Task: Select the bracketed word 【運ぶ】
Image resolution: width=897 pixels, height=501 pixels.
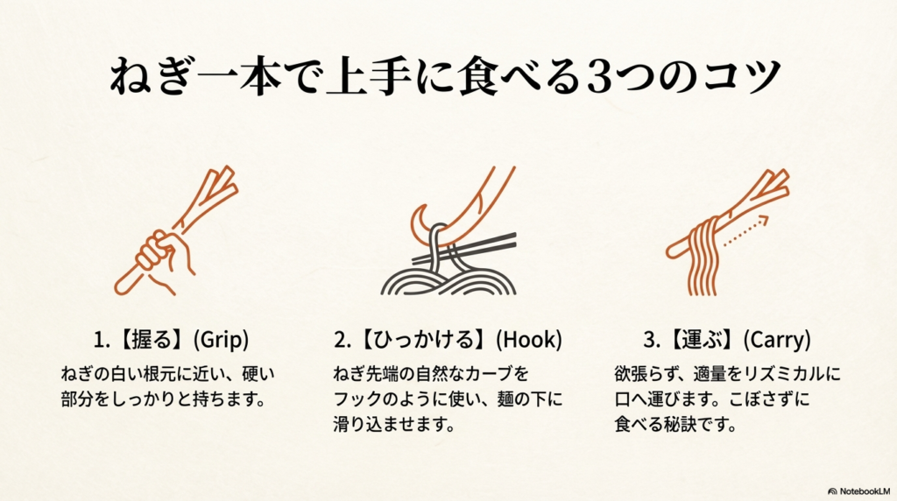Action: pyautogui.click(x=702, y=338)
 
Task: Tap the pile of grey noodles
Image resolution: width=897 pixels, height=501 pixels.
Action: pyautogui.click(x=447, y=279)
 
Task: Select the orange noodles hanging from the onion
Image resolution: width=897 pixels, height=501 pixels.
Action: pyautogui.click(x=702, y=258)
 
